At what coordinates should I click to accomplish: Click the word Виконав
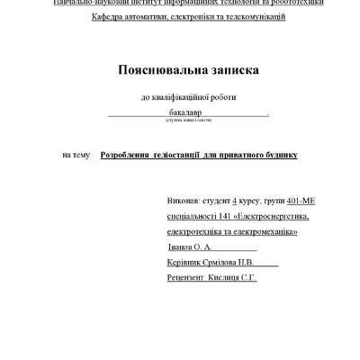point(184,201)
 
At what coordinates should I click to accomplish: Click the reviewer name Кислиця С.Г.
point(233,278)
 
